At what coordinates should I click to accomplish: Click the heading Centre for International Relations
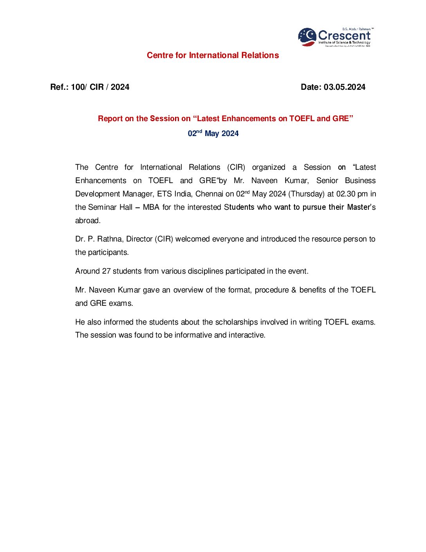pos(213,55)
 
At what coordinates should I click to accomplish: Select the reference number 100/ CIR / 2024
pos(100,87)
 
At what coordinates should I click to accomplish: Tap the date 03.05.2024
pos(344,87)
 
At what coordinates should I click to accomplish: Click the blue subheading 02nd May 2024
pos(213,133)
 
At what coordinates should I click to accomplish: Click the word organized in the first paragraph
pos(269,167)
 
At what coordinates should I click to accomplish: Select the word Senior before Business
pos(327,181)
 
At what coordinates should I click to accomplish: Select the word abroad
pos(88,221)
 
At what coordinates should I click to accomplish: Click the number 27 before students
pos(106,271)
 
